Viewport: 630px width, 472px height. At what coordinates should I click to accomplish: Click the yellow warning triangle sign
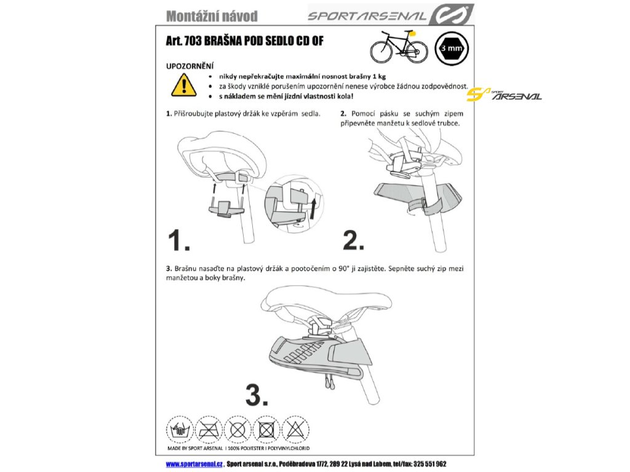pyautogui.click(x=183, y=85)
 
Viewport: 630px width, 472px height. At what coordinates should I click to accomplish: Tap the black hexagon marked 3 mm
pyautogui.click(x=452, y=49)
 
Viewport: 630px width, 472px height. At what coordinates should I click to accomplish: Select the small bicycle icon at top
pyautogui.click(x=396, y=46)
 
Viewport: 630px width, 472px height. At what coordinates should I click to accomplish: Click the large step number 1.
pyautogui.click(x=178, y=240)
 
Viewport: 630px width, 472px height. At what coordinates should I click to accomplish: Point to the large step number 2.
pyautogui.click(x=353, y=240)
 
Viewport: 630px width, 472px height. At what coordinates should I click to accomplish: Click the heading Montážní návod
pyautogui.click(x=212, y=16)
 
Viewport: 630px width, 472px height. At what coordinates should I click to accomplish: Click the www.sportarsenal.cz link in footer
pyautogui.click(x=194, y=464)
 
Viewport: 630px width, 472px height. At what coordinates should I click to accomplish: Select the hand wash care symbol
pyautogui.click(x=180, y=430)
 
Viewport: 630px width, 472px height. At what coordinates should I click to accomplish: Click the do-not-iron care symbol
pyautogui.click(x=209, y=430)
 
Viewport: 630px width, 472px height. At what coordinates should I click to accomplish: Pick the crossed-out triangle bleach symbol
pyautogui.click(x=296, y=430)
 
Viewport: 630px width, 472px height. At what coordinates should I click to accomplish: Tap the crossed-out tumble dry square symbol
pyautogui.click(x=267, y=430)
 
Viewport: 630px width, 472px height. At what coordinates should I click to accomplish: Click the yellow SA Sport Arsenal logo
pyautogui.click(x=504, y=95)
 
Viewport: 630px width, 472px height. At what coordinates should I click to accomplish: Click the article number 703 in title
pyautogui.click(x=193, y=41)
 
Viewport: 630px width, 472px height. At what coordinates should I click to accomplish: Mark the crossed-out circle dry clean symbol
pyautogui.click(x=238, y=430)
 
